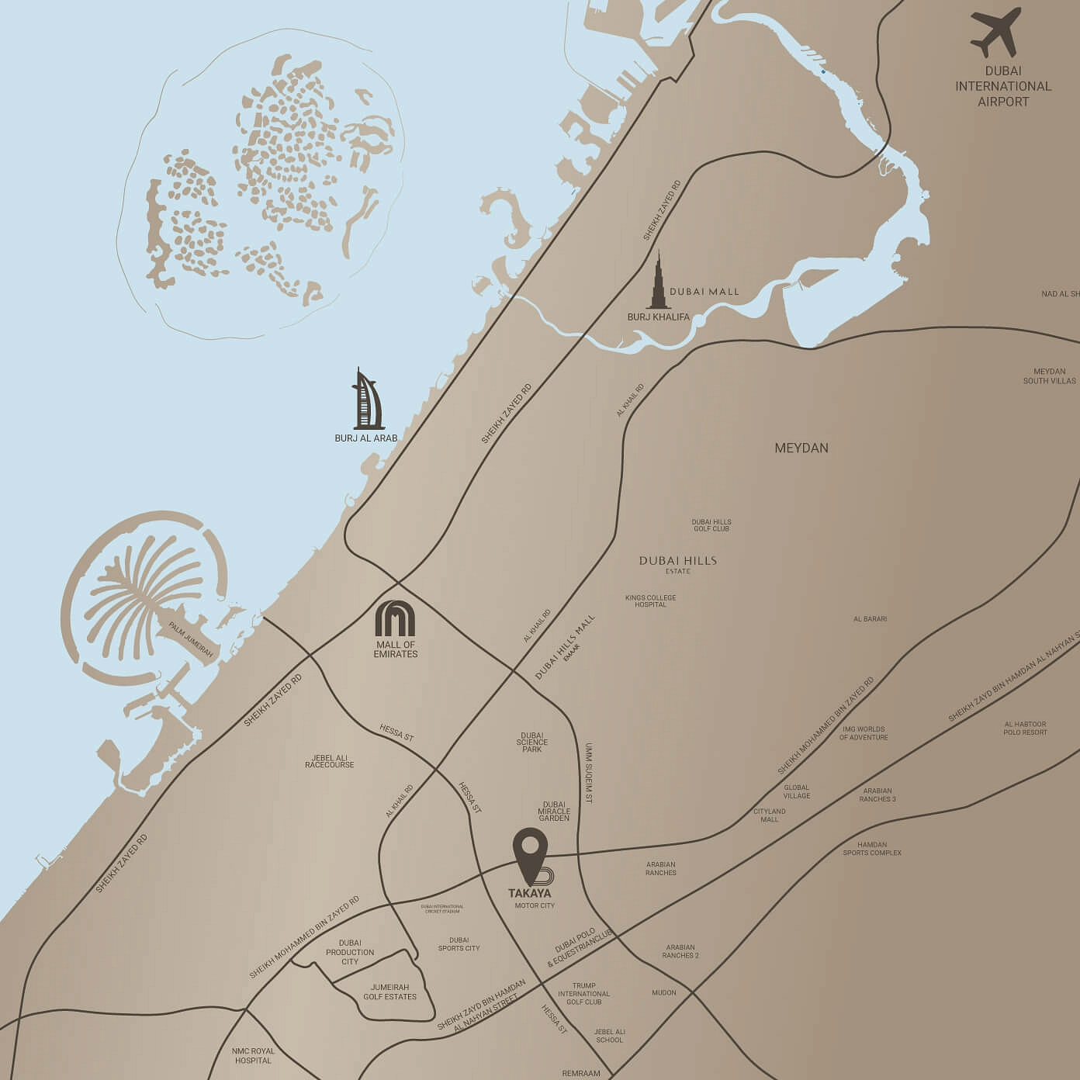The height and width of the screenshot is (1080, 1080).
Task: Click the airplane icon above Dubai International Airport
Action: pos(995,33)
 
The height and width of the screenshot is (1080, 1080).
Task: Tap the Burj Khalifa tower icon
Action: pos(659,281)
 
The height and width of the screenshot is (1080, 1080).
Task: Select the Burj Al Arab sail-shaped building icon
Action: pos(368,400)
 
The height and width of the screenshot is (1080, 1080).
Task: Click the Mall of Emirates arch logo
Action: pos(395,618)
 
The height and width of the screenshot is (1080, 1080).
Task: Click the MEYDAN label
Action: pos(801,448)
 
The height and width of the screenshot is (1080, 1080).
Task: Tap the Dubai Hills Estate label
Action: pos(677,563)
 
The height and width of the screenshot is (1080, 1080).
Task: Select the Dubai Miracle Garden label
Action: pos(554,811)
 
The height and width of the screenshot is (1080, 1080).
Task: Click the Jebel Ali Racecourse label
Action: pos(329,761)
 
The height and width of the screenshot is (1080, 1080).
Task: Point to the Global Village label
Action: pos(796,791)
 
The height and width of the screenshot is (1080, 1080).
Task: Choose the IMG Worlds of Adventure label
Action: pos(864,732)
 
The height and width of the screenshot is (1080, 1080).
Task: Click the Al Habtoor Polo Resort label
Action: pos(1025,728)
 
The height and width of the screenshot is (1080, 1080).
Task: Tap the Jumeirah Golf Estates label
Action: pos(389,992)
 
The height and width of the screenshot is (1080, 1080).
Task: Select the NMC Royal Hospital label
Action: pos(253,1056)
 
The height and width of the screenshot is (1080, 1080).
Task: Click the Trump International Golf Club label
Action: pos(583,993)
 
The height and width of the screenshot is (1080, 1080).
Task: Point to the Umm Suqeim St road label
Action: pos(589,772)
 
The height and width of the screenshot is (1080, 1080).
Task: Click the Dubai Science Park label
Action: pos(532,742)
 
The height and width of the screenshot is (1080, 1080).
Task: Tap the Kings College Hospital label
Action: pos(650,601)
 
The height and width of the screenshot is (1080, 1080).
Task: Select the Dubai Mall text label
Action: pos(704,292)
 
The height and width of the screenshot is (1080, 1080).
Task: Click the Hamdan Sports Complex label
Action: pos(872,848)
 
